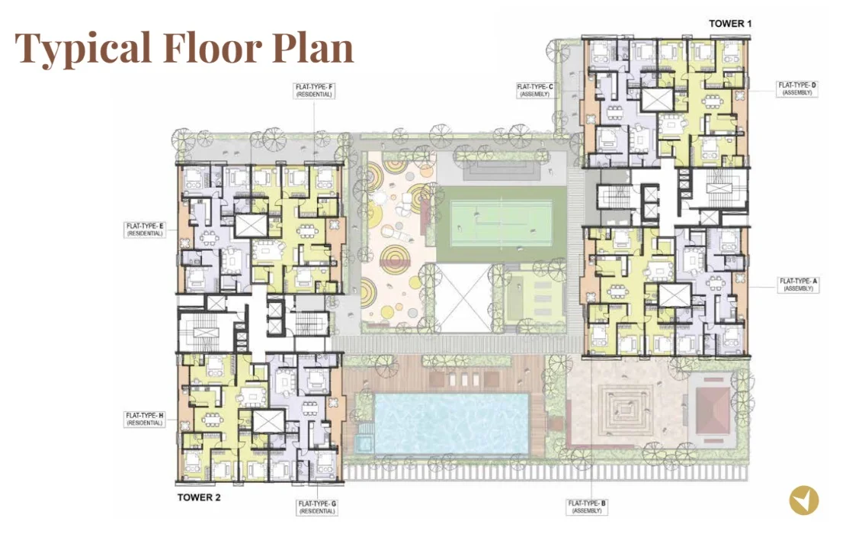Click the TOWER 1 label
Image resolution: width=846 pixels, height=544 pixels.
coord(729,23)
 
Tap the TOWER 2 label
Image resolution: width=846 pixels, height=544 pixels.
coord(199,497)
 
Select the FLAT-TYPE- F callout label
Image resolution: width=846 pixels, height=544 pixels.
coord(315,90)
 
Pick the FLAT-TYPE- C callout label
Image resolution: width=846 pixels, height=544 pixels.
coord(535,90)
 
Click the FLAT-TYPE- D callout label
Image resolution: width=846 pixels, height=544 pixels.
coord(797,89)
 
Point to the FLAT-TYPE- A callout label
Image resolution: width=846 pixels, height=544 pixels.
coord(799,285)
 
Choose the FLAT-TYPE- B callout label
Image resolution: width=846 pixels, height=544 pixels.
coord(587,507)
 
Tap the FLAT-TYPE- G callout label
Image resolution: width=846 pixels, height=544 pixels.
coord(317,507)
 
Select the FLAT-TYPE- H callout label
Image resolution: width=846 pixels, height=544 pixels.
coord(145,419)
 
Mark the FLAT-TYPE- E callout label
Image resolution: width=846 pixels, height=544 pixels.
coord(145,230)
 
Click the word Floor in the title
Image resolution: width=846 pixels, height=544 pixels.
coord(213,47)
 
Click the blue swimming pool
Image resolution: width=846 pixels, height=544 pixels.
coord(451,423)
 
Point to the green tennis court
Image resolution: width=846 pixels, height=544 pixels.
coord(502,223)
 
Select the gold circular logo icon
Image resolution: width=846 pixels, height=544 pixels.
coord(804,501)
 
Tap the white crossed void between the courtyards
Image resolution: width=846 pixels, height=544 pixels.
coord(463,298)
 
